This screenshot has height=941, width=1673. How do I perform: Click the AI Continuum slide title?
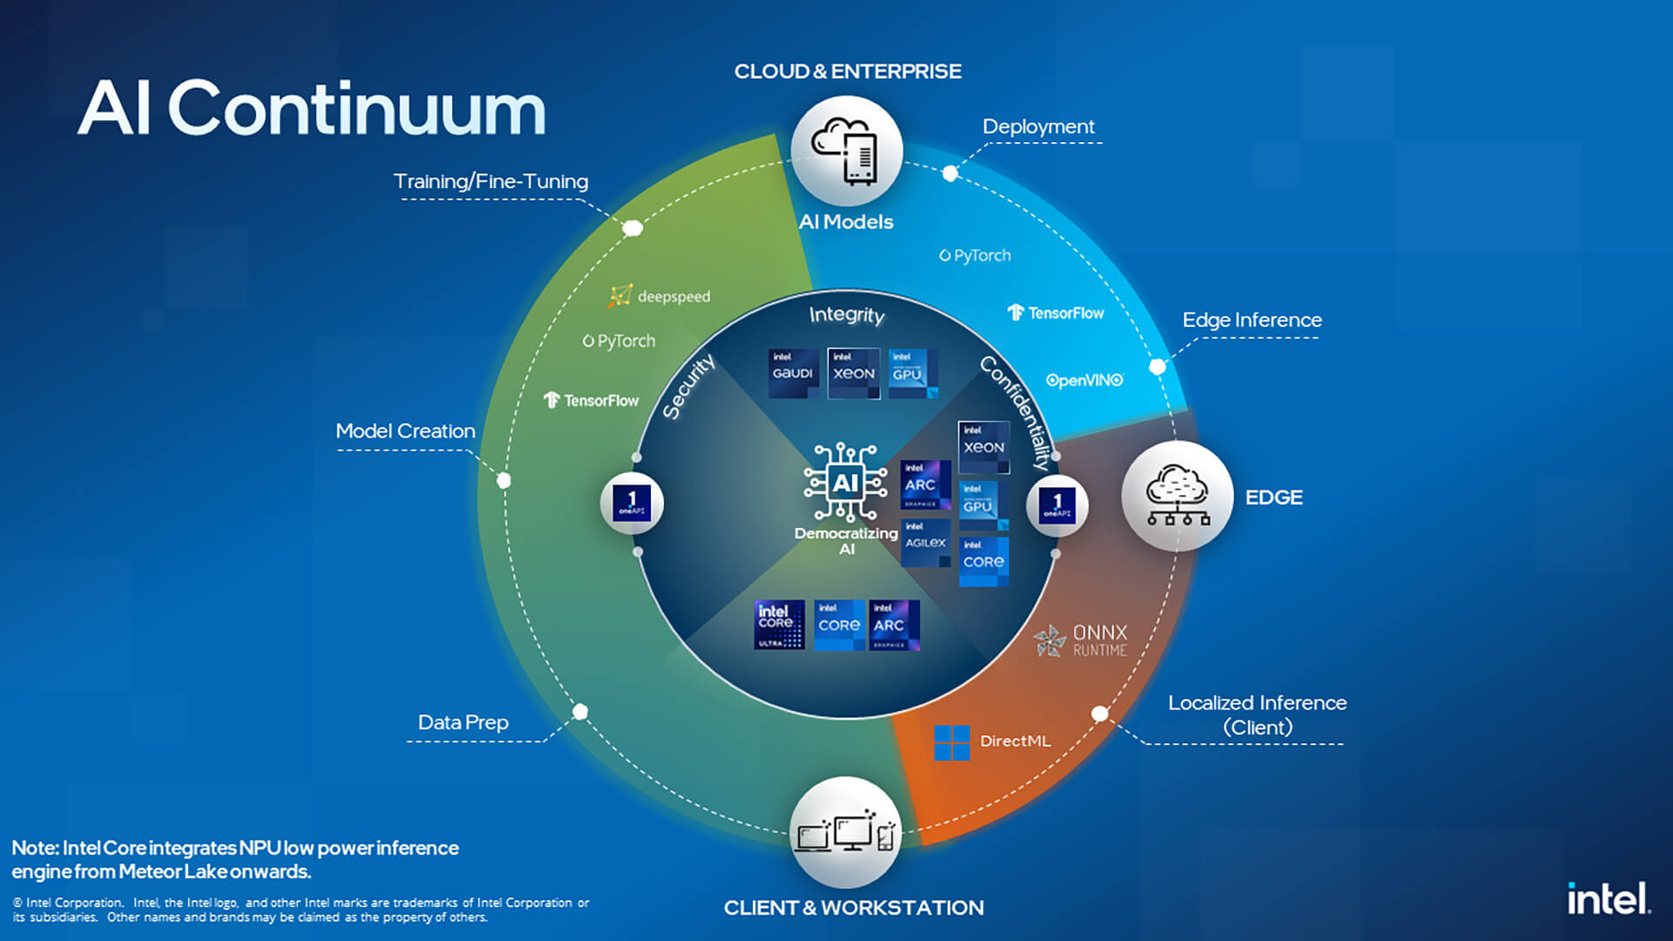pyautogui.click(x=311, y=108)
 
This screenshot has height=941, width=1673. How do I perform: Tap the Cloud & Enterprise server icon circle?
pyautogui.click(x=846, y=151)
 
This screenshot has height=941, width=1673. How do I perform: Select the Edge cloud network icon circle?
pyautogui.click(x=1176, y=496)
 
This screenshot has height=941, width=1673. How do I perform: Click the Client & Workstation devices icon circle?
pyautogui.click(x=845, y=832)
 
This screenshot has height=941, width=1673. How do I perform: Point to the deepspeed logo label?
pyautogui.click(x=660, y=296)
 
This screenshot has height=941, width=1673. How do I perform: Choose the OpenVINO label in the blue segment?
pyautogui.click(x=1084, y=380)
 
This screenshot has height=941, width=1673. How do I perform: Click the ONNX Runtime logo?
pyautogui.click(x=1081, y=640)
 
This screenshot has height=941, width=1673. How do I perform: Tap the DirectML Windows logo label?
pyautogui.click(x=992, y=741)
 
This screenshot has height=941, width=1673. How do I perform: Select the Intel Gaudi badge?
pyautogui.click(x=793, y=373)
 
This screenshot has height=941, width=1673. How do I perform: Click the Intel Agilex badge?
pyautogui.click(x=925, y=542)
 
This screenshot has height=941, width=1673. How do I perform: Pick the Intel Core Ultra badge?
pyautogui.click(x=779, y=625)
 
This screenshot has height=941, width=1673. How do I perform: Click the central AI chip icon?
pyautogui.click(x=845, y=482)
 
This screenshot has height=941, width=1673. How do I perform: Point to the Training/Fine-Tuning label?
pyautogui.click(x=491, y=181)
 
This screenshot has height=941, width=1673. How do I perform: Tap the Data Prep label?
pyautogui.click(x=463, y=722)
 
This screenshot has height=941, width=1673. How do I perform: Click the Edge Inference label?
pyautogui.click(x=1251, y=320)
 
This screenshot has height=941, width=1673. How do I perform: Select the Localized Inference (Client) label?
pyautogui.click(x=1256, y=714)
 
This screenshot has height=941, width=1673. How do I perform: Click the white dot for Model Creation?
pyautogui.click(x=504, y=480)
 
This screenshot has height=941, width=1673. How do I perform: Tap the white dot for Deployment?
pyautogui.click(x=950, y=173)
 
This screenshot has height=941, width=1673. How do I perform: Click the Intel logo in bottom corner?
pyautogui.click(x=1608, y=898)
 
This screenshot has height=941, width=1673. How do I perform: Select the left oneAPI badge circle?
pyautogui.click(x=632, y=504)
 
